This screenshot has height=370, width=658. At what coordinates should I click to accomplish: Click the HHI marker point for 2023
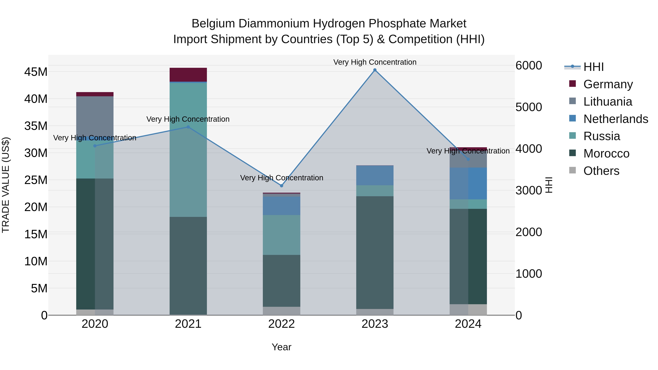(x=375, y=70)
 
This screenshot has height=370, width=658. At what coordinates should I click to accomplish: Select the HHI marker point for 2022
(x=281, y=186)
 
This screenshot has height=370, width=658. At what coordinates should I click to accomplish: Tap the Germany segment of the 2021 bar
(x=188, y=75)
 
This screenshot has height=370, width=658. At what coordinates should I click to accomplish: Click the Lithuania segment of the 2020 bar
(x=95, y=116)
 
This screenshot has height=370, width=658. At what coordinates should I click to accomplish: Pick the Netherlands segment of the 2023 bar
(x=375, y=175)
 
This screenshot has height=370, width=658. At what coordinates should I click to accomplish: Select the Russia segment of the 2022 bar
(x=281, y=235)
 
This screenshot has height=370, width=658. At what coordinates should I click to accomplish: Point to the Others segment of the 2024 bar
(x=468, y=310)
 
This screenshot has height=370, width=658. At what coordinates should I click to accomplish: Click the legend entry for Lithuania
(x=607, y=102)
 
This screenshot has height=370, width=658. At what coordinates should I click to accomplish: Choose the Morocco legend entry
(x=606, y=153)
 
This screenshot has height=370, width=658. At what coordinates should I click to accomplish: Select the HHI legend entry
(x=593, y=67)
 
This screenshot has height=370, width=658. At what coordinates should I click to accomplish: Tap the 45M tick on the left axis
(x=36, y=72)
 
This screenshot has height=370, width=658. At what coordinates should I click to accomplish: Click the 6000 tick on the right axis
(x=528, y=65)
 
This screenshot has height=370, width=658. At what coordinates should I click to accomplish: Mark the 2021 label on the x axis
(x=188, y=324)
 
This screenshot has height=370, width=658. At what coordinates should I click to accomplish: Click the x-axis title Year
(x=281, y=347)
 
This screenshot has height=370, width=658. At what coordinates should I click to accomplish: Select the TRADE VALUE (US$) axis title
(x=6, y=185)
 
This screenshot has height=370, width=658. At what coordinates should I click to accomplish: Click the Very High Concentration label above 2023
(x=375, y=62)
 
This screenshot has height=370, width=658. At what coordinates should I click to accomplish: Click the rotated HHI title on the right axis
(x=548, y=185)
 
